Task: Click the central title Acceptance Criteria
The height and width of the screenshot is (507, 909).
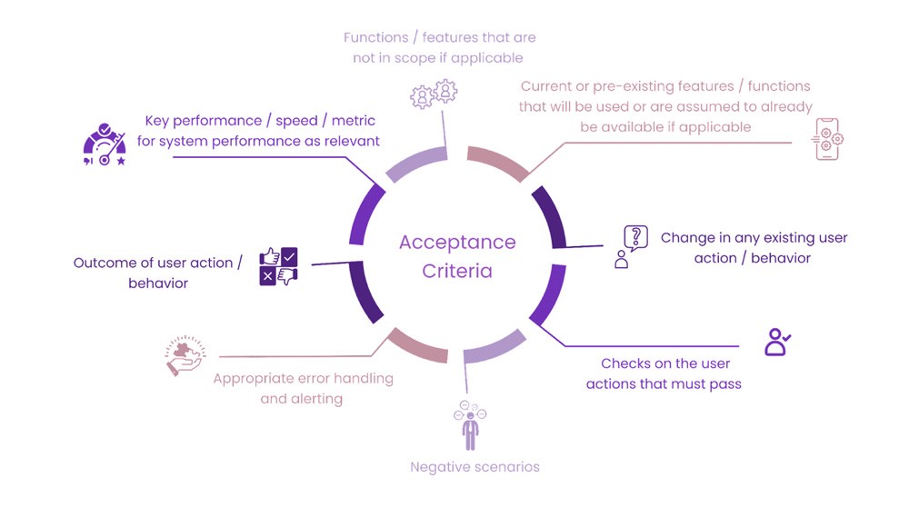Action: point(457,256)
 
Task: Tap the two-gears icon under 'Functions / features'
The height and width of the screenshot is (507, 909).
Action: point(434,93)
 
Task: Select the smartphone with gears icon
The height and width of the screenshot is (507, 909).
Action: point(827,139)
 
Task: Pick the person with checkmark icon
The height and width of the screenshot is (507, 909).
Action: point(777,342)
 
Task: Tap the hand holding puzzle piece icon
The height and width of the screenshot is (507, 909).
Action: point(185,356)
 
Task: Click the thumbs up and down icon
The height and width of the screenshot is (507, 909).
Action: point(278,267)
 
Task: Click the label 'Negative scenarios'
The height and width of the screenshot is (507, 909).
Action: point(474,467)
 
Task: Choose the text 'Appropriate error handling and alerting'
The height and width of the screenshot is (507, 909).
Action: point(303,388)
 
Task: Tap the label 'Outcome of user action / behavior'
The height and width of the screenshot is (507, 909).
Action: point(158,273)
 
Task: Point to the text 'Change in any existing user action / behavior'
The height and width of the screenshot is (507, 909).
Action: point(754,247)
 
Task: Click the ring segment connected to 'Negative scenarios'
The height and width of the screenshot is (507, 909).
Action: point(494,350)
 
